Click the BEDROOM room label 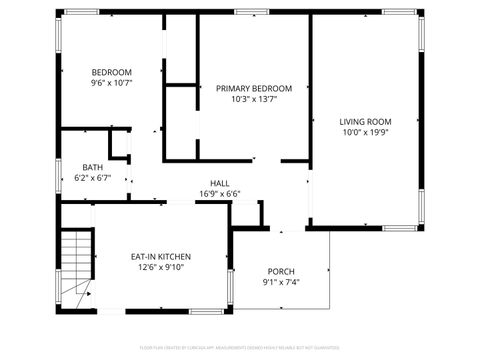tap(111, 72)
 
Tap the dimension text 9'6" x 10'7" tap(111, 84)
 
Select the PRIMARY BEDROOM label tap(254, 88)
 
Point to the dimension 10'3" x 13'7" tap(254, 100)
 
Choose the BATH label tap(93, 167)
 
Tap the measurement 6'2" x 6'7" tap(93, 178)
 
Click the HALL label tap(220, 183)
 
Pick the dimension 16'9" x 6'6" tap(220, 194)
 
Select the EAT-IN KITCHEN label tap(161, 257)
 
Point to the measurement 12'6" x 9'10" tap(161, 268)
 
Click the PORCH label tap(281, 271)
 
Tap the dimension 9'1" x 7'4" tap(281, 282)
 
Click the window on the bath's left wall tap(58, 176)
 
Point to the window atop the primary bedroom tap(250, 12)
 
